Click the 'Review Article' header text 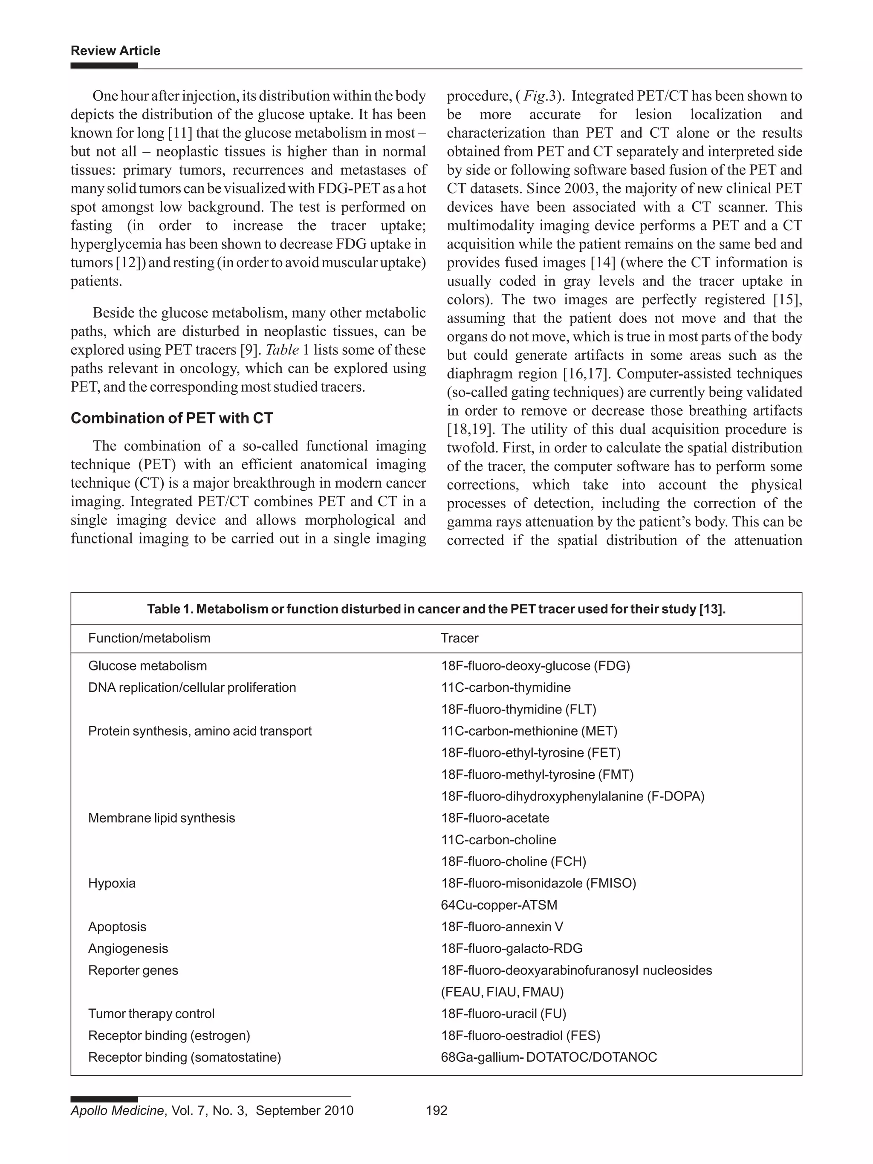click(115, 51)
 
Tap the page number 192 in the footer click(436, 1110)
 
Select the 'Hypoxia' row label click(112, 883)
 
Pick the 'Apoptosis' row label click(117, 927)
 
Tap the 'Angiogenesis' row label click(128, 948)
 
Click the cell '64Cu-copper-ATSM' click(499, 905)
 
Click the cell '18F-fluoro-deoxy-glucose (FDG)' click(535, 666)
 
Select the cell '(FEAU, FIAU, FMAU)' click(502, 992)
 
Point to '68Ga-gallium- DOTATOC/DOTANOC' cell click(549, 1057)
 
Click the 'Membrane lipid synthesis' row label click(162, 818)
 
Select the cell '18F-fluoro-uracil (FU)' click(503, 1014)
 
